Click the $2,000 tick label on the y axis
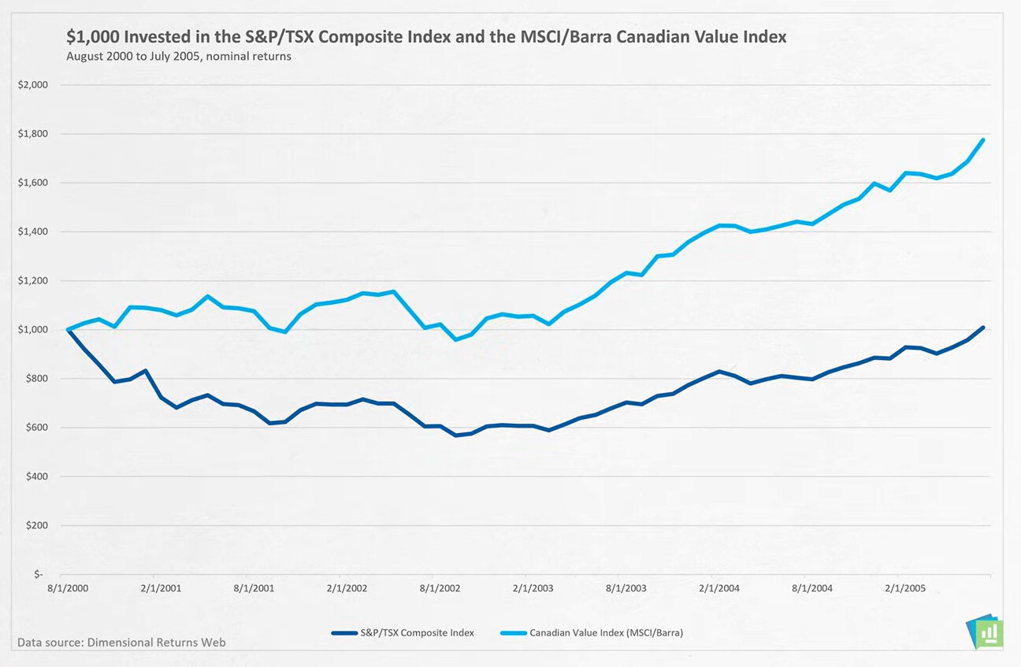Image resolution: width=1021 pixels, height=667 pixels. tap(32, 85)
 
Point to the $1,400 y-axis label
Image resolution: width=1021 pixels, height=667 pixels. tap(32, 232)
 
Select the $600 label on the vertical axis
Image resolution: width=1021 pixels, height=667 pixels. tap(35, 428)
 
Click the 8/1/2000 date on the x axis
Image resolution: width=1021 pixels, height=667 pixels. tap(67, 588)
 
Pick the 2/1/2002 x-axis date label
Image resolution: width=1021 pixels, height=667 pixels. tap(347, 588)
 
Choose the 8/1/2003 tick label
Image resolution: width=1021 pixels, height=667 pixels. tap(626, 588)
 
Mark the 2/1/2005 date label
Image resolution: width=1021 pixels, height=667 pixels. tap(905, 588)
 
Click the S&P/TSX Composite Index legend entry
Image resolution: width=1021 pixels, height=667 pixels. tap(403, 632)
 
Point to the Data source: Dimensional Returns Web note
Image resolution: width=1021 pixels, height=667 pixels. tap(121, 643)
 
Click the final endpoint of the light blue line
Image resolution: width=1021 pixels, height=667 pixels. tap(983, 140)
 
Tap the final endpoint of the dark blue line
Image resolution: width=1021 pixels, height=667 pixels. tap(983, 328)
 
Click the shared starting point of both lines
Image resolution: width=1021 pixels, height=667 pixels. tap(68, 329)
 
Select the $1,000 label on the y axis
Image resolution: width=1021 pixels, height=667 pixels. tap(32, 329)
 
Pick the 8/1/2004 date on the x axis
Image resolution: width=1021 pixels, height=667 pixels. tap(812, 588)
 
